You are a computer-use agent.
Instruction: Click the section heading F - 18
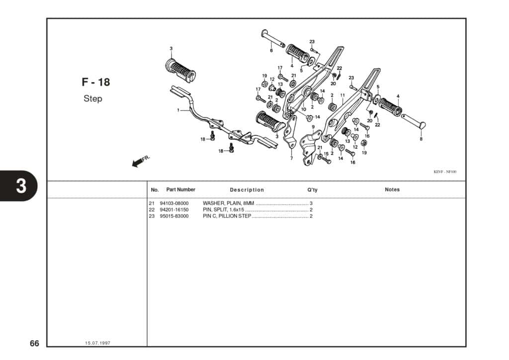[96, 83]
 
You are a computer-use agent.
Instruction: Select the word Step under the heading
[93, 98]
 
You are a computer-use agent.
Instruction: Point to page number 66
[34, 344]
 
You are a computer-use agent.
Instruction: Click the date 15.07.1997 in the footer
[98, 344]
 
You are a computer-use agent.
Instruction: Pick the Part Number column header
[180, 189]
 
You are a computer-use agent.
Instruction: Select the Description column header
[247, 190]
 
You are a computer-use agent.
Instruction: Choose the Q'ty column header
[312, 190]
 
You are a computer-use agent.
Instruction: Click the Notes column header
[392, 189]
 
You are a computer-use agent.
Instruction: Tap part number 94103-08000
[174, 203]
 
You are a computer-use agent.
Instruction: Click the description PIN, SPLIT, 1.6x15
[223, 210]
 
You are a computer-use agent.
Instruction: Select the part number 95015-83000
[174, 216]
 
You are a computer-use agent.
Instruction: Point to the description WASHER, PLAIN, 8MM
[228, 203]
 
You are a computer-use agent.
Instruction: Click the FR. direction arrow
[138, 162]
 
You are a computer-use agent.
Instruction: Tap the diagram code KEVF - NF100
[445, 172]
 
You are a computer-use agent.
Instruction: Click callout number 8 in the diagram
[421, 139]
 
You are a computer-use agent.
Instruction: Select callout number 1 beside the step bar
[178, 110]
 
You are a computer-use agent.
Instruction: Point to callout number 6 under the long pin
[271, 50]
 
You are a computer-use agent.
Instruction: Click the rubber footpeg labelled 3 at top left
[180, 71]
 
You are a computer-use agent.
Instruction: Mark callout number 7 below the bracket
[291, 159]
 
